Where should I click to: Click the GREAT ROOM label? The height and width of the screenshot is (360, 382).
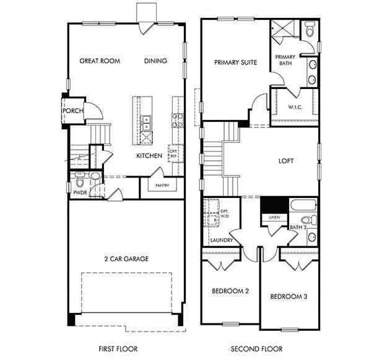click(x=100, y=61)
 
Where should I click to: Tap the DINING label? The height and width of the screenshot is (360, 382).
click(x=156, y=61)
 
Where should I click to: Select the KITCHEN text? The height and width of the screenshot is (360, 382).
click(x=149, y=156)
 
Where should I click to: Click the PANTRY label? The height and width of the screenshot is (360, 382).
click(x=162, y=184)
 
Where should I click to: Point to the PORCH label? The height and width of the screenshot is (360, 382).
click(x=73, y=111)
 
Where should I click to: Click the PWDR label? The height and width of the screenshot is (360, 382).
click(x=80, y=193)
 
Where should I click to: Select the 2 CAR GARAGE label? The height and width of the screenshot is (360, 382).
click(x=126, y=259)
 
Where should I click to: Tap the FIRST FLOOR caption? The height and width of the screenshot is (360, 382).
click(x=118, y=349)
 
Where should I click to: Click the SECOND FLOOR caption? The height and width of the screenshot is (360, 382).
click(x=256, y=349)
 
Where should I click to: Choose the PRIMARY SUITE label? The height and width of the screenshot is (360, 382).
click(x=235, y=62)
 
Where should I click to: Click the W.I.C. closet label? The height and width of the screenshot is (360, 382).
click(x=295, y=107)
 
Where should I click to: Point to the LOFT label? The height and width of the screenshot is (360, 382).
click(x=286, y=161)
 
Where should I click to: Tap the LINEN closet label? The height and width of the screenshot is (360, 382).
click(x=274, y=218)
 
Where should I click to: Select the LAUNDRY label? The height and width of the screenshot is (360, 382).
click(x=221, y=240)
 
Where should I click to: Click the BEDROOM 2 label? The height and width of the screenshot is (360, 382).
click(x=230, y=291)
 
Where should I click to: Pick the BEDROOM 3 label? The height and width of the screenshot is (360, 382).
click(x=289, y=297)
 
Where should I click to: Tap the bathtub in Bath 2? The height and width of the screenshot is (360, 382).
click(x=303, y=205)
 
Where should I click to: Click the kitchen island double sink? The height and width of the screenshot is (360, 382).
click(x=147, y=121)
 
